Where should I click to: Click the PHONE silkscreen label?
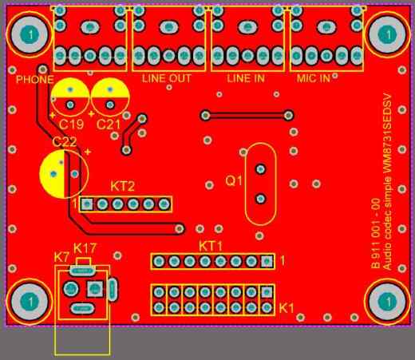click(34, 79)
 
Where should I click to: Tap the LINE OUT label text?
click(167, 78)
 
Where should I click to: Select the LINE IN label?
click(246, 78)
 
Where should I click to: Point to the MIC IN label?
click(314, 78)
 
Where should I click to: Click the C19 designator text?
click(71, 125)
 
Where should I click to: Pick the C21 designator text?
click(109, 125)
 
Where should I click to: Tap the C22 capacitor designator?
click(65, 141)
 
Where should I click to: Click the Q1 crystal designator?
click(234, 180)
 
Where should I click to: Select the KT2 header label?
click(122, 186)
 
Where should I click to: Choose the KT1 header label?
click(211, 247)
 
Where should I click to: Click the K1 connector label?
click(287, 308)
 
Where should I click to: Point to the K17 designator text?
click(85, 248)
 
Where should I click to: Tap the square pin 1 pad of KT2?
click(87, 204)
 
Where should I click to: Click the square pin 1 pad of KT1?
click(267, 261)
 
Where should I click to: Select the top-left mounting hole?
click(30, 34)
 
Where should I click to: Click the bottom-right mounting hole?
click(387, 302)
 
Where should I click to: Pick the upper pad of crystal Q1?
click(260, 168)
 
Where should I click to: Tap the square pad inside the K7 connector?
click(95, 288)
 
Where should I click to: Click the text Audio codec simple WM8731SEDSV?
click(387, 182)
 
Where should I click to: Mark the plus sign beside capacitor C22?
click(88, 152)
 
